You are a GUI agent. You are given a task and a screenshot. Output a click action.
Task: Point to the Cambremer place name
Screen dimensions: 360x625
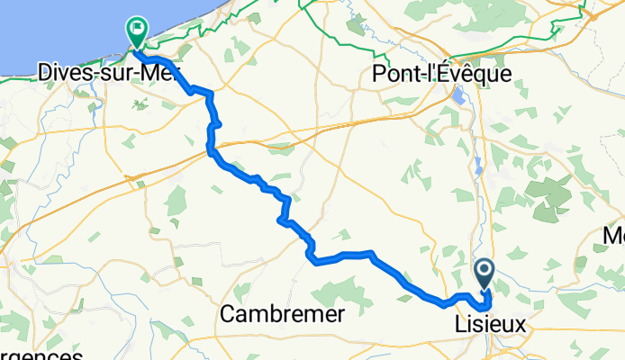(x=282, y=314)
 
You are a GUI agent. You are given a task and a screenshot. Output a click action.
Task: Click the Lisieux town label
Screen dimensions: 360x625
(x=484, y=321)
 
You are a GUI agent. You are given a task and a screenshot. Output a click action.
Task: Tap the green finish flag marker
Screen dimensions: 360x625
(x=137, y=30)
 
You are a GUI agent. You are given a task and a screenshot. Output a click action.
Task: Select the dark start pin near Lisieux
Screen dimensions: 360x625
(x=485, y=271)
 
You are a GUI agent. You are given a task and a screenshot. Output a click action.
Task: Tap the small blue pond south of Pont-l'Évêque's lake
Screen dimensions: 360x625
(x=478, y=166)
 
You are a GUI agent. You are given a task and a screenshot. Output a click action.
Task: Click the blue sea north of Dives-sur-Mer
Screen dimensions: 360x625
(x=45, y=27)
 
